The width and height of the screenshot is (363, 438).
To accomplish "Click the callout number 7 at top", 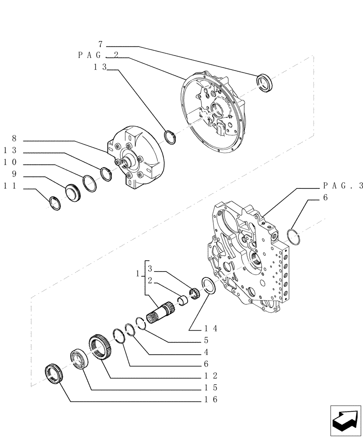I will (x=100, y=44).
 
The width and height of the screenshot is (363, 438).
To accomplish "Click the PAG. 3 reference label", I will (x=343, y=186).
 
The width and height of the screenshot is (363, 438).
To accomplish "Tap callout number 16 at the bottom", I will (x=211, y=399).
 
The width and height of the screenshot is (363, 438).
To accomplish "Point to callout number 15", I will (x=211, y=387).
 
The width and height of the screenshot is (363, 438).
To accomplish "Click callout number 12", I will (x=211, y=375).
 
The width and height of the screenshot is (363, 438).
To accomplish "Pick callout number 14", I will (x=211, y=328).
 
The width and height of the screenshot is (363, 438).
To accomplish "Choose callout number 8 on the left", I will (x=14, y=138).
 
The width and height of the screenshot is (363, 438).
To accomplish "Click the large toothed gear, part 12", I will (x=100, y=347).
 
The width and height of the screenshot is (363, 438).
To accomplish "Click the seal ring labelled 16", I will (x=55, y=373).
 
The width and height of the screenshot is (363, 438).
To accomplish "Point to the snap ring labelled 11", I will (x=55, y=203).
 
